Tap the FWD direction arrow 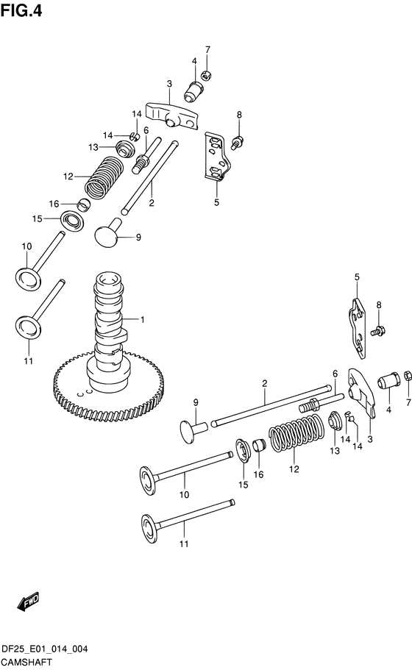click(29, 603)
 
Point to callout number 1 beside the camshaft click(142, 319)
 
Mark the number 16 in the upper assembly click(54, 204)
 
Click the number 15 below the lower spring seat click(242, 486)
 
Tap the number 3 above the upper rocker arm click(168, 84)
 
